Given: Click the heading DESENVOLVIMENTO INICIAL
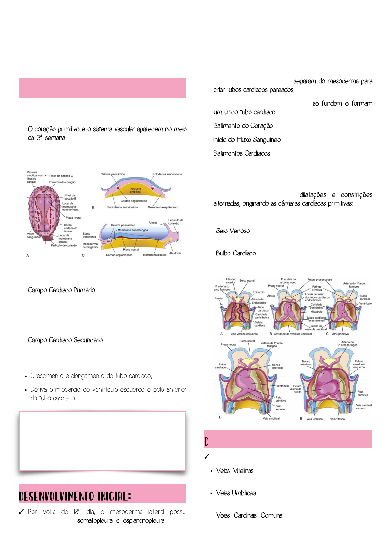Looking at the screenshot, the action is tap(75, 496).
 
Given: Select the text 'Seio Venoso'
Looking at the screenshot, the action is tap(232, 231).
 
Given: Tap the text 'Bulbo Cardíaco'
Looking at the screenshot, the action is tap(236, 253).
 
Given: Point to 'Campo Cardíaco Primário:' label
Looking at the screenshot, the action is tap(62, 290).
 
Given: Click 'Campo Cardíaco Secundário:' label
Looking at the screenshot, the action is tap(66, 340).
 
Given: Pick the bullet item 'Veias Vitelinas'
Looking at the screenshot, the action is tap(235, 471).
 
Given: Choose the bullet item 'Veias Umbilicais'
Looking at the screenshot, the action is tap(236, 493).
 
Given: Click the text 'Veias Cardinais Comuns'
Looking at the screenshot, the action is tap(249, 515).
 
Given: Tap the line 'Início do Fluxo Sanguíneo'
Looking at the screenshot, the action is tap(247, 140).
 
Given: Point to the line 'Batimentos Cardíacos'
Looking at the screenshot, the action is tap(241, 153).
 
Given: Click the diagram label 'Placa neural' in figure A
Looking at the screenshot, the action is tap(73, 218).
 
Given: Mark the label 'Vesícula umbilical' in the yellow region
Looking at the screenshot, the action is tap(135, 190).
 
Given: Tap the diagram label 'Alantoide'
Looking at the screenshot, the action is tap(175, 253).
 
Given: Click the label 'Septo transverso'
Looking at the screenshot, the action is tap(89, 235).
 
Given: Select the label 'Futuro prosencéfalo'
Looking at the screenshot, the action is tap(319, 280).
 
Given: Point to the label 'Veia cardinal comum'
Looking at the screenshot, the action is tap(364, 407).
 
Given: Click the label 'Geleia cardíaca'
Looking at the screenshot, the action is tap(260, 324).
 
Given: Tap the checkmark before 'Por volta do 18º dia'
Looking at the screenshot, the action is tap(21, 512).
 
